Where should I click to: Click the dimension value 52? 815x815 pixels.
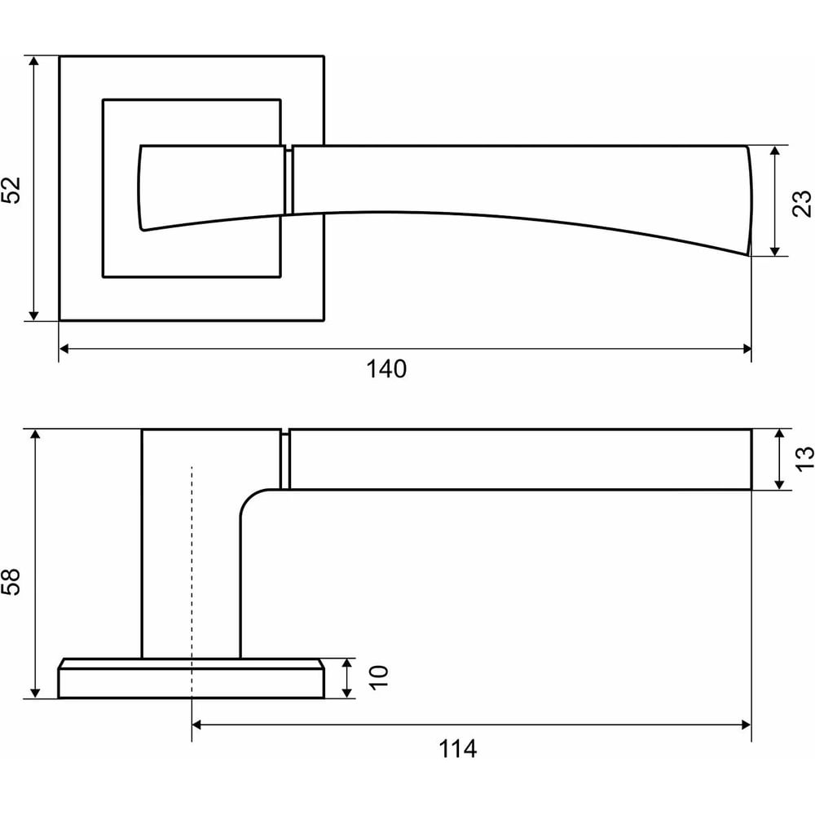(11, 190)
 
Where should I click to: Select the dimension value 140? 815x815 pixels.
(386, 369)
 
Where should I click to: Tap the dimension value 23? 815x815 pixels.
(801, 203)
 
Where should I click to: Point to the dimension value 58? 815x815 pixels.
(11, 581)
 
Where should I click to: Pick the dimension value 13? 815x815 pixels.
(804, 459)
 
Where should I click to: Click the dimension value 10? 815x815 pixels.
(378, 678)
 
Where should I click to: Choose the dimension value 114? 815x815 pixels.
(457, 749)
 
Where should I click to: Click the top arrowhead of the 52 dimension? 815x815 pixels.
(33, 61)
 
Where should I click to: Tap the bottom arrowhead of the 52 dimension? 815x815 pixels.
(33, 315)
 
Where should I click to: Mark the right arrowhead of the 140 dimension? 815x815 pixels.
(747, 349)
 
